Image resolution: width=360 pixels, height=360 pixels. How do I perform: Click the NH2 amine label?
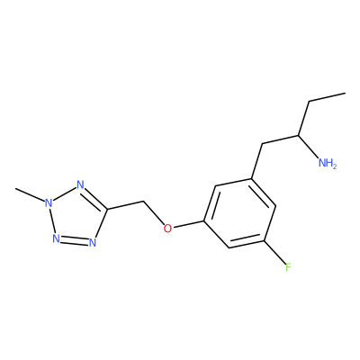328,164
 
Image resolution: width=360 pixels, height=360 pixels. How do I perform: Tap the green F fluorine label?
288,266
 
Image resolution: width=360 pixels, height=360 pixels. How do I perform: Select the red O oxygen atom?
168,229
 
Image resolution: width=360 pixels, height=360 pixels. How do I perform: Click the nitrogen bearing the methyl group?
49,203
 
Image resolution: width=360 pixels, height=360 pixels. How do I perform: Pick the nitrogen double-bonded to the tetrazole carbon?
80,184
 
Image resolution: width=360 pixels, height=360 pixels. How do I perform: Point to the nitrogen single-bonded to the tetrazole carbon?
93,242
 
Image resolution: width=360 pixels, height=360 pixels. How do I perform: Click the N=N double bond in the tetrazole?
74,240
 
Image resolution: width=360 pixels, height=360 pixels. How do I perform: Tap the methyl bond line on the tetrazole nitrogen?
30,195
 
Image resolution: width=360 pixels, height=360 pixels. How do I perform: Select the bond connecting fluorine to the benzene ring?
274,252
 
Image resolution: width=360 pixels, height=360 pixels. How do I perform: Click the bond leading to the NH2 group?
309,147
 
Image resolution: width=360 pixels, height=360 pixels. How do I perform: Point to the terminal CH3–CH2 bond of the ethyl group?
328,97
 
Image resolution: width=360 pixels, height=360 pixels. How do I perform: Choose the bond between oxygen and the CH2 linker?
154,213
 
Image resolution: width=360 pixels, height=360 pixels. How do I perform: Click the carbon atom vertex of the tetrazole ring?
107,209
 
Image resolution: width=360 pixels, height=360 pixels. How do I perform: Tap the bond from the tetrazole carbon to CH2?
126,205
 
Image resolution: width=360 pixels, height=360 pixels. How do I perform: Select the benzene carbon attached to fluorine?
264,240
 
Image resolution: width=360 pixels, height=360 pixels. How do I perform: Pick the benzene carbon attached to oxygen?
204,221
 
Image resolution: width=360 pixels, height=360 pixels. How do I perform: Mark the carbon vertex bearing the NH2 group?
299,135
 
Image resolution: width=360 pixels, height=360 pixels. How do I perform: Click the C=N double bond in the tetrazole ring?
94,197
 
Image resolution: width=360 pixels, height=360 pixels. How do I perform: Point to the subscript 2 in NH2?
335,166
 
